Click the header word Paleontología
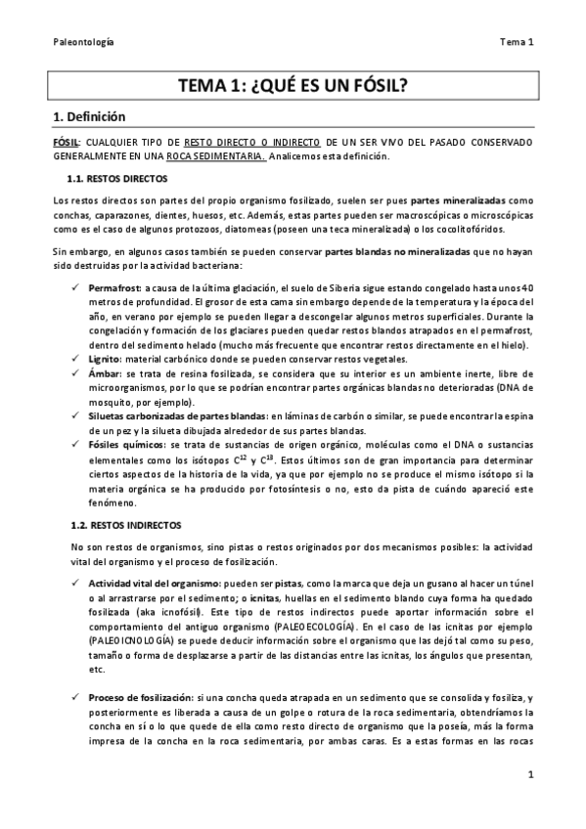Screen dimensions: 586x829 tap(83, 42)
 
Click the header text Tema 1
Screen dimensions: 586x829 tap(515, 42)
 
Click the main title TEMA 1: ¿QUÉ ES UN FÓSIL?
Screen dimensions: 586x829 tap(293, 85)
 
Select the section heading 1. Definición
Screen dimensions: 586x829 tap(89, 115)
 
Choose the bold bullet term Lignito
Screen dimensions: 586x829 tap(105, 359)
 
